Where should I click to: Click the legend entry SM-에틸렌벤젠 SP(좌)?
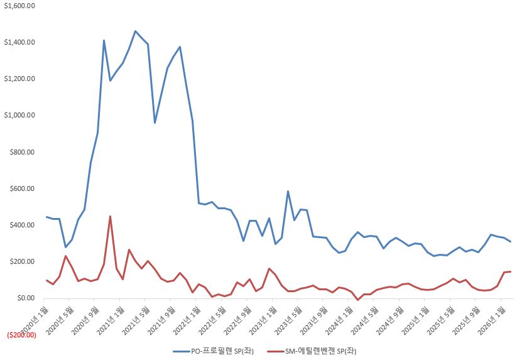(x=312, y=351)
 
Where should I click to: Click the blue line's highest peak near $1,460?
(x=135, y=31)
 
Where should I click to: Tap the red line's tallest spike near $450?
(x=110, y=217)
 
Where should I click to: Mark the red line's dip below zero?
(x=358, y=300)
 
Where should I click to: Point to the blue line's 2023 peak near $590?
(x=288, y=192)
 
